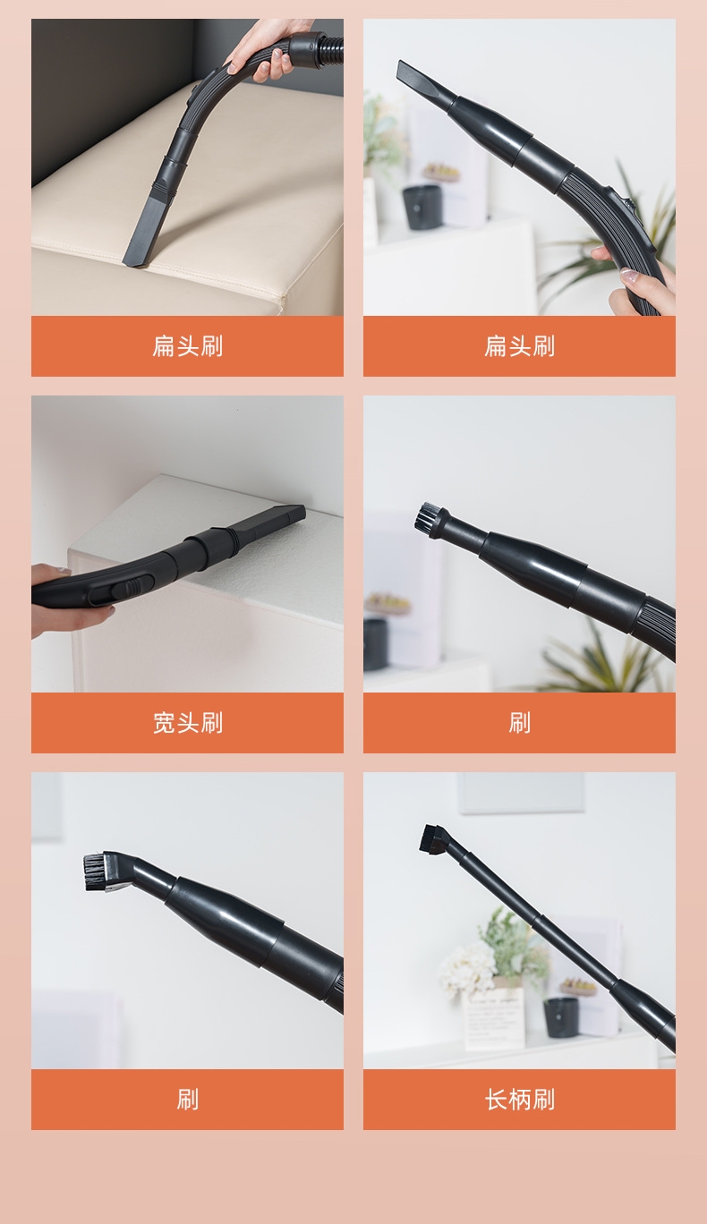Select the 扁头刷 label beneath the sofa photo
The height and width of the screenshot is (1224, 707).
pos(187,346)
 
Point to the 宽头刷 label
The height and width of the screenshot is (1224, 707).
pos(187,723)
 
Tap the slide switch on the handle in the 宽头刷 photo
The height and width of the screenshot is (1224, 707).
pos(123,591)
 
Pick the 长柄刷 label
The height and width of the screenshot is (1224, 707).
pos(520,1100)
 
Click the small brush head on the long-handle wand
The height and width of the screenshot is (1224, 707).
pos(434,839)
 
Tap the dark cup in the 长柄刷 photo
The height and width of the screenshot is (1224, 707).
pos(561,1016)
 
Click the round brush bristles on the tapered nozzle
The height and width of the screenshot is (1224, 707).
pos(427,516)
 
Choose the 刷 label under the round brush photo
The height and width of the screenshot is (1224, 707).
pos(520,723)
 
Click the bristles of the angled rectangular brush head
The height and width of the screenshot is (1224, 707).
pos(95,873)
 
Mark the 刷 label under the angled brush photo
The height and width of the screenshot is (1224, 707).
pos(187,1100)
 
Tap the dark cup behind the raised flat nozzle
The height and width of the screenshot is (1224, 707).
pos(422,207)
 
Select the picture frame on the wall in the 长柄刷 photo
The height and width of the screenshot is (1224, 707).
pos(521,793)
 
